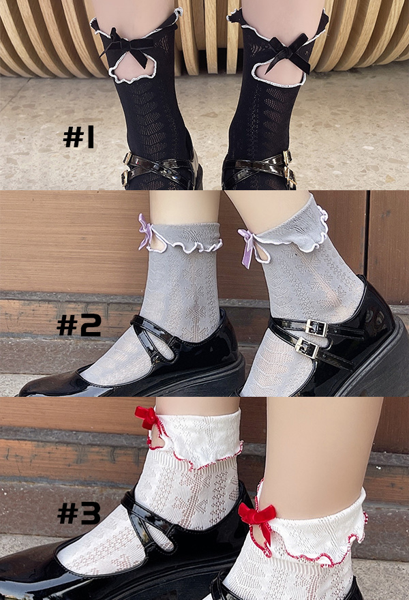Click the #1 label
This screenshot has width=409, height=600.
click(78, 138)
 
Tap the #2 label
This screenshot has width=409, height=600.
click(79, 326)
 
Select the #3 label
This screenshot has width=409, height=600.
click(79, 513)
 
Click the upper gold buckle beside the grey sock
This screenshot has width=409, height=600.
click(317, 327)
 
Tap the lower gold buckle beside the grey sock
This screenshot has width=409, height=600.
click(307, 348)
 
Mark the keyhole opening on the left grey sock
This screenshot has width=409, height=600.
click(157, 242)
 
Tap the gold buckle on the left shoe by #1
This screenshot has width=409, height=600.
click(125, 168)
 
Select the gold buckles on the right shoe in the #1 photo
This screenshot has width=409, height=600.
click(290, 168)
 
